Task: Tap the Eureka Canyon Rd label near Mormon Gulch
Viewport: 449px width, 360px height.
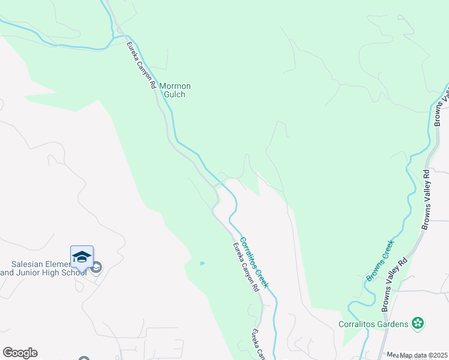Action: [141, 65]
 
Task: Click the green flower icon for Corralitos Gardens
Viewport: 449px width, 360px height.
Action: [418, 323]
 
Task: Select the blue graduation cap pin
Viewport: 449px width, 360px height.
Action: [82, 257]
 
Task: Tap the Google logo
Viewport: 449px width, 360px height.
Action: [20, 353]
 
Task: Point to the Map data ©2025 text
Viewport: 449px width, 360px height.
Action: [423, 355]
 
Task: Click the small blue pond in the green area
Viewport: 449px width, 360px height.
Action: [202, 263]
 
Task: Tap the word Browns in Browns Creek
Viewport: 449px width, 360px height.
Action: [375, 270]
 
